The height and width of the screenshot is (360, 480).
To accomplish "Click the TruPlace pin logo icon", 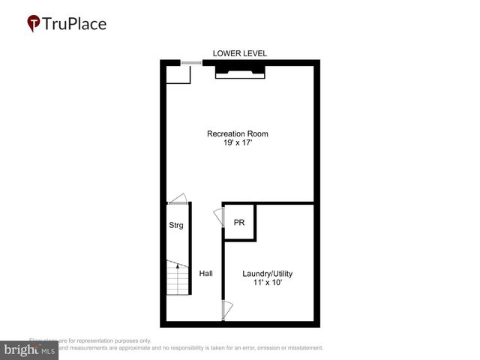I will [33, 23].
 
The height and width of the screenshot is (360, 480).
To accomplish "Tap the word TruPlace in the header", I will [75, 23].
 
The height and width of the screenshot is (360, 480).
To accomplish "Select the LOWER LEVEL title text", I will [240, 53].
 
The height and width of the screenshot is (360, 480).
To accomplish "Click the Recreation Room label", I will [238, 134].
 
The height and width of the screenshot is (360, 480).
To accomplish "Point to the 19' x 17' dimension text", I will [238, 144].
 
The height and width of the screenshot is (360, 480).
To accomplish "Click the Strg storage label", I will [175, 225].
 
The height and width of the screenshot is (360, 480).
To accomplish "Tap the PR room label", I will [239, 223].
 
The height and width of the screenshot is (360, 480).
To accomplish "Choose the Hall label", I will [205, 274].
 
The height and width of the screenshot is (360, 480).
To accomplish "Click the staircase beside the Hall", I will [177, 281].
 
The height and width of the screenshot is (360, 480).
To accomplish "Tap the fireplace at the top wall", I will [240, 70].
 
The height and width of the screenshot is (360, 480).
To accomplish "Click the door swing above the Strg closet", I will [178, 199].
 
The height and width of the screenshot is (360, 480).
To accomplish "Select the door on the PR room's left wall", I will [219, 217].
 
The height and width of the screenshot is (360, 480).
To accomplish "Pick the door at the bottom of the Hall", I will [226, 309].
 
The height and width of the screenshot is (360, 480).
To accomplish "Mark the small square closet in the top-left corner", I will [178, 73].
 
